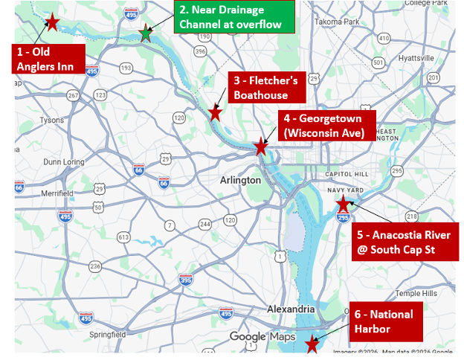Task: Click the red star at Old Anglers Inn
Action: pos(52,22)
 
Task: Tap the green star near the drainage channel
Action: pos(146,33)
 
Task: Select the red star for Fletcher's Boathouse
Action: pos(215,113)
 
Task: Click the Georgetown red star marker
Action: pos(261,147)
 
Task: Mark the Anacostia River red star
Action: pos(343,203)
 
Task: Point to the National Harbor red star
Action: pos(312,344)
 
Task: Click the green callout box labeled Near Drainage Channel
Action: pos(234,17)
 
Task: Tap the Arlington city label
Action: pos(241,180)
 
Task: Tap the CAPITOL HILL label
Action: pos(343,174)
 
